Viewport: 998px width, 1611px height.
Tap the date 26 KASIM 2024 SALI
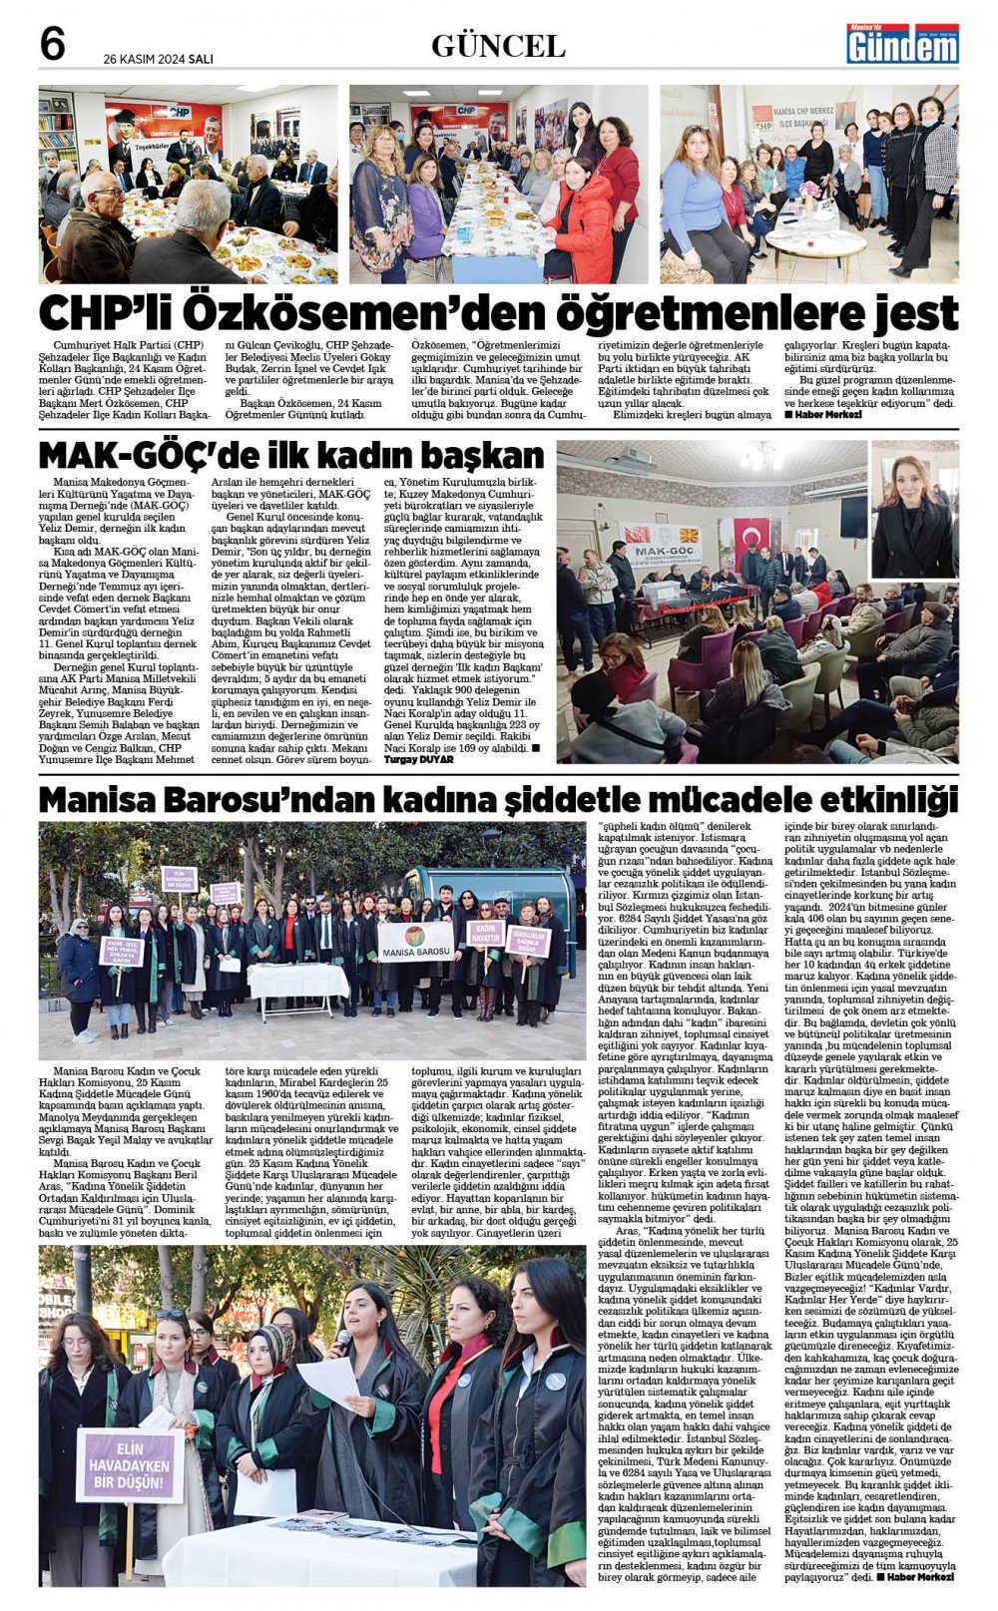[159, 58]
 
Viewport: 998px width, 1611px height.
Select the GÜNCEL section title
[498, 46]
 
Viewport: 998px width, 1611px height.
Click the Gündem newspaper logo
[902, 44]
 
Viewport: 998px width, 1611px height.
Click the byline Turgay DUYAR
[416, 759]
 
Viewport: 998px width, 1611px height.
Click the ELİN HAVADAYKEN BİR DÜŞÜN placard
[130, 1464]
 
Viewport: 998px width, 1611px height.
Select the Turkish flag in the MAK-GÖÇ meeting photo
[750, 540]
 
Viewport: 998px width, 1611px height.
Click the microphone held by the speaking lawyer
[342, 1340]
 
